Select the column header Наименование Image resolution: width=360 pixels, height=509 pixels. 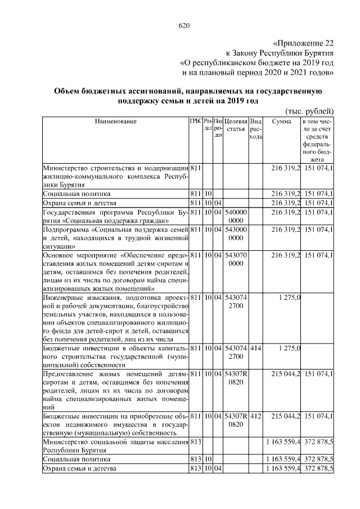[115, 121]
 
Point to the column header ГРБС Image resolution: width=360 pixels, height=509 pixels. [196, 121]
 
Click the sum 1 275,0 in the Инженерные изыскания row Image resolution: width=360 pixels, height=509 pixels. [290, 297]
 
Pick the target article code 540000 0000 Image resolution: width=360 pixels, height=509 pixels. [236, 216]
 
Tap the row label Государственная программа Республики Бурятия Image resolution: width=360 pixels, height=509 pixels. [115, 216]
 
